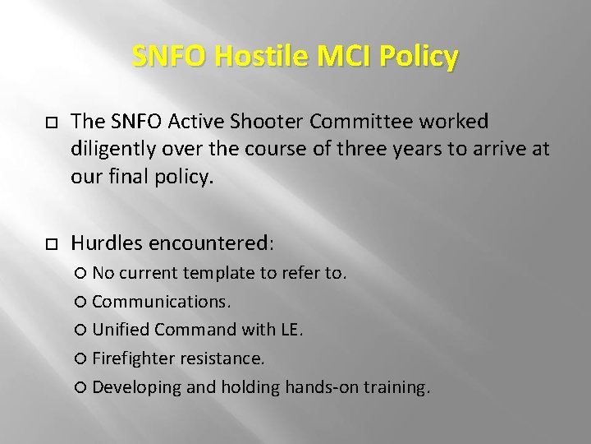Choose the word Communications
coord(161,302)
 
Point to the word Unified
coord(121,331)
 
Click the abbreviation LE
coord(290,331)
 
